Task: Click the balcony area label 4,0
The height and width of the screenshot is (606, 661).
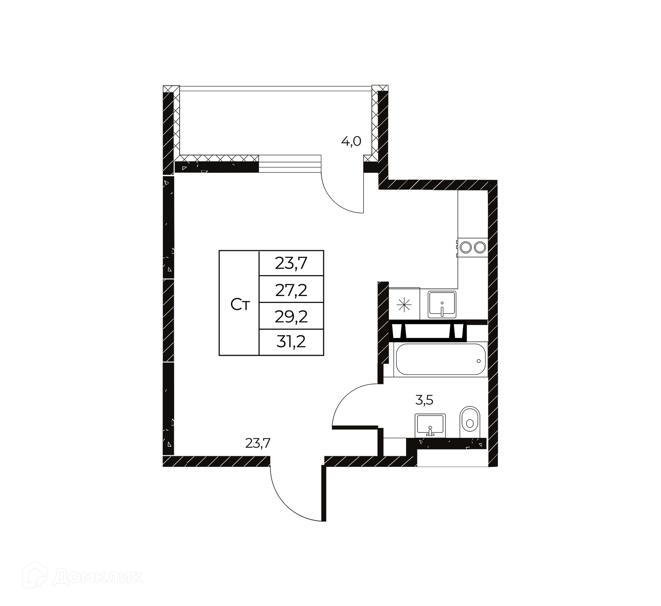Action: click(351, 141)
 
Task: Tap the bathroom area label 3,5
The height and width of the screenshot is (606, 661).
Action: click(424, 400)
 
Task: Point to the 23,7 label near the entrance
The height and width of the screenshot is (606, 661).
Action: click(258, 443)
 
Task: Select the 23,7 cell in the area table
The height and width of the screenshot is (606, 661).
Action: click(291, 264)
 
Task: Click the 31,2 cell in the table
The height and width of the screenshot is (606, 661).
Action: click(291, 342)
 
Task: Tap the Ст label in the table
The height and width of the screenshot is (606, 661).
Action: click(240, 305)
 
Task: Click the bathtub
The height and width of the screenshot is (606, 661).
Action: click(441, 359)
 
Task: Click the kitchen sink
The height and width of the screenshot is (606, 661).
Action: click(442, 305)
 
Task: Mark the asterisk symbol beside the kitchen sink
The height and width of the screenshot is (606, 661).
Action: click(404, 305)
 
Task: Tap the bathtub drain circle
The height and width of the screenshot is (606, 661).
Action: click(479, 361)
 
